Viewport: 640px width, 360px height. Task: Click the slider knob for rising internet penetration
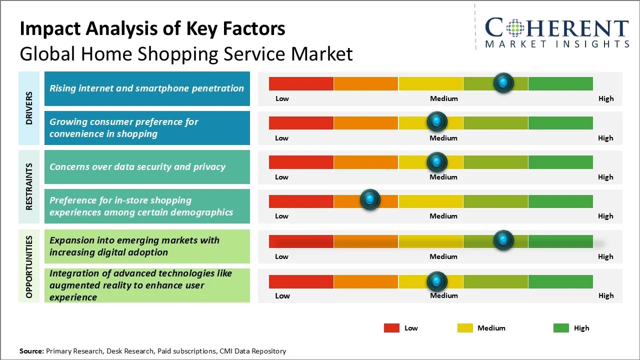(x=503, y=82)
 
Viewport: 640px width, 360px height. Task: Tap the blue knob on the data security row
(x=437, y=161)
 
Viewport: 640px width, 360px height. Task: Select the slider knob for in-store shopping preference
(x=370, y=200)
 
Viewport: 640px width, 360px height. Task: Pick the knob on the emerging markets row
(x=503, y=240)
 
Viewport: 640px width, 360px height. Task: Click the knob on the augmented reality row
(x=437, y=281)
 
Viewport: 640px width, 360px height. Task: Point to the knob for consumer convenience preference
(x=437, y=121)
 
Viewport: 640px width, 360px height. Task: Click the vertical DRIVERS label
(x=29, y=108)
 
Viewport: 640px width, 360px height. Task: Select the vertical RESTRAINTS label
(x=29, y=186)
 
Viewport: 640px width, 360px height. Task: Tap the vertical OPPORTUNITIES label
(x=29, y=266)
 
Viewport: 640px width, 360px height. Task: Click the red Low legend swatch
(x=391, y=328)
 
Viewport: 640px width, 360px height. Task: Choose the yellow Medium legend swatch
(x=465, y=328)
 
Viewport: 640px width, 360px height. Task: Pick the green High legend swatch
(x=561, y=328)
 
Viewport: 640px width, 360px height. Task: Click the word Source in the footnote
(x=31, y=351)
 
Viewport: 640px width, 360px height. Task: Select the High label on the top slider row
(x=605, y=98)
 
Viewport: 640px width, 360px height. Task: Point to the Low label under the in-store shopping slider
(x=281, y=216)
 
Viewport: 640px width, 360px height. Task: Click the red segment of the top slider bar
(x=301, y=83)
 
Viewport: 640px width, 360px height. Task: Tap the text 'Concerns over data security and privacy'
(x=137, y=167)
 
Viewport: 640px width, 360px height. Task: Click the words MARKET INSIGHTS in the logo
(x=557, y=44)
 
